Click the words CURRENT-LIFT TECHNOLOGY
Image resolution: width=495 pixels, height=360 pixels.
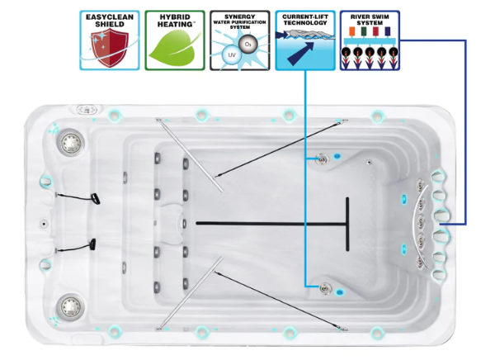(304, 19)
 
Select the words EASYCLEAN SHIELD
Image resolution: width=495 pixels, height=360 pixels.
(109, 20)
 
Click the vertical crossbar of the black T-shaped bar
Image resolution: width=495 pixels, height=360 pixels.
(347, 223)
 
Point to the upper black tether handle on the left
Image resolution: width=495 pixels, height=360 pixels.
(96, 199)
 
